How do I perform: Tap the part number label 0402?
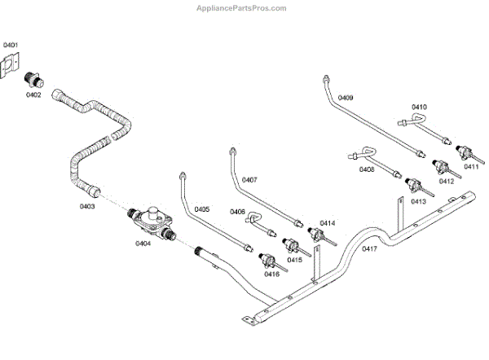coord(33,95)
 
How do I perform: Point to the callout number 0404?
coord(143,243)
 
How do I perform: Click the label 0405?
coord(202,209)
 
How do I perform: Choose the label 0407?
coord(249,180)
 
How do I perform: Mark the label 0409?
coord(346,98)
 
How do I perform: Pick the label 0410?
coord(419,107)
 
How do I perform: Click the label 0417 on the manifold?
coord(370,248)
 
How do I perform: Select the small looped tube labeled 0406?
coord(254,218)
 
